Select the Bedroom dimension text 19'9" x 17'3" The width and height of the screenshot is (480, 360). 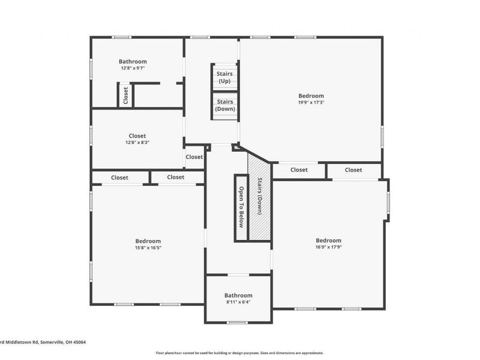[x=311, y=103]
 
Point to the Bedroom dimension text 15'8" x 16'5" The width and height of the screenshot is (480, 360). [x=148, y=248]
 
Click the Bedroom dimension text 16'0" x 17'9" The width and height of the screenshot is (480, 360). [x=328, y=247]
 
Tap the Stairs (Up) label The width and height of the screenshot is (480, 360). [x=225, y=77]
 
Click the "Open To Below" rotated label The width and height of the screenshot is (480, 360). [x=241, y=207]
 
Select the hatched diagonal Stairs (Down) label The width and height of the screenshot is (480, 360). [x=260, y=197]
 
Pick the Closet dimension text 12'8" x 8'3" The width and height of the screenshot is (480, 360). [x=137, y=143]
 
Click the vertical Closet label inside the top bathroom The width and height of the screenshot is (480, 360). [x=125, y=96]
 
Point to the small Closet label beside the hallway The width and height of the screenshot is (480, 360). [x=194, y=157]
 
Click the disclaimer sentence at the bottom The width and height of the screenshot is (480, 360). [x=239, y=353]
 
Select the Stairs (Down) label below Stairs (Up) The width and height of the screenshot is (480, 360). [x=225, y=106]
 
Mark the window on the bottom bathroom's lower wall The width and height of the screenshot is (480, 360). [x=238, y=323]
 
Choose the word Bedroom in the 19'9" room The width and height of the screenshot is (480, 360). [x=311, y=96]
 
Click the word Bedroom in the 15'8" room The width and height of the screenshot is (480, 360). [x=148, y=241]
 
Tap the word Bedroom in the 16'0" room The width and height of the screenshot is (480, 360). [x=328, y=240]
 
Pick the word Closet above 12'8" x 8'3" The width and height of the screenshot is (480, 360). [x=137, y=136]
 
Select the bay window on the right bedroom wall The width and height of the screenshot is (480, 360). [x=388, y=202]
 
